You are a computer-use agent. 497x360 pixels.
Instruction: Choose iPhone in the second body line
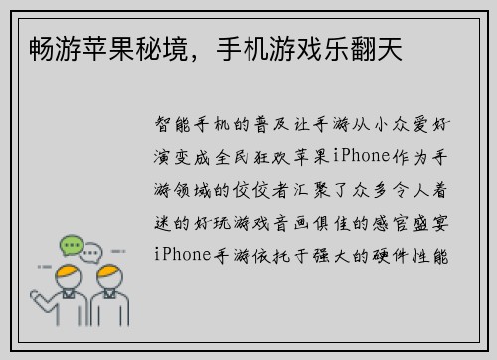click(x=362, y=156)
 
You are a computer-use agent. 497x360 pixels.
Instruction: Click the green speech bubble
click(x=70, y=245)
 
